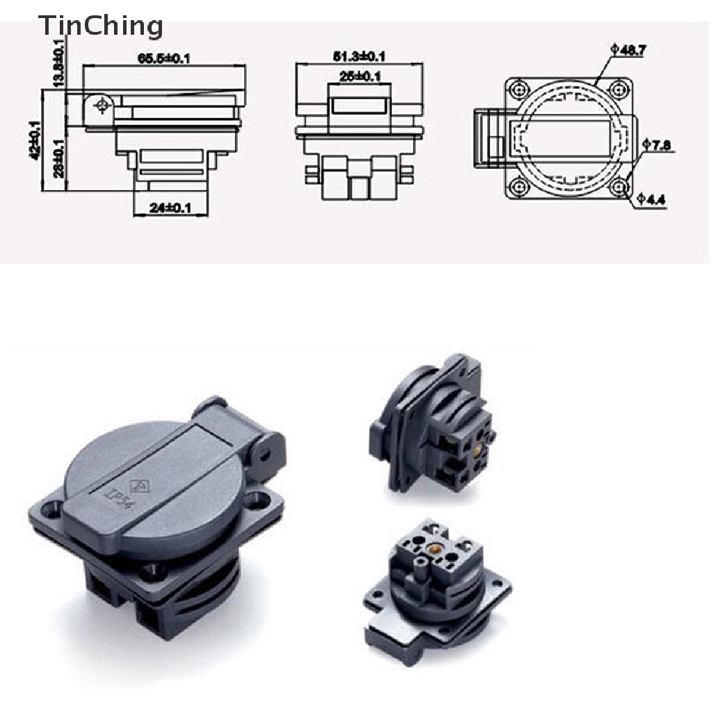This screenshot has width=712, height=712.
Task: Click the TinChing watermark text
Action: pyautogui.click(x=101, y=26)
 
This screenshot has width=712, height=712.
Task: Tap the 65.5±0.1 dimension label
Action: pyautogui.click(x=164, y=58)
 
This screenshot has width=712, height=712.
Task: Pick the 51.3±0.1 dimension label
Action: pyautogui.click(x=359, y=56)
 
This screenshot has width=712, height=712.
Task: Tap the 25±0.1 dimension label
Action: pyautogui.click(x=359, y=76)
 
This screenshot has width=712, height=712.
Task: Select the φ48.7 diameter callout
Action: pyautogui.click(x=628, y=49)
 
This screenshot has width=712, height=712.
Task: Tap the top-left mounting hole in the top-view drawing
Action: pyautogui.click(x=518, y=88)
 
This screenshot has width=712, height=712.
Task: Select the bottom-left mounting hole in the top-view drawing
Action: pyautogui.click(x=518, y=186)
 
